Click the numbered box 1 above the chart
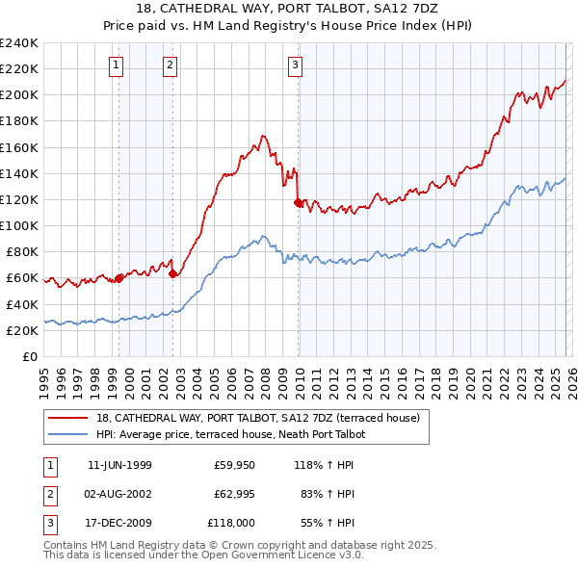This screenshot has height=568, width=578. tap(117, 65)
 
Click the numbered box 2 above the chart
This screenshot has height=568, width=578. tap(170, 65)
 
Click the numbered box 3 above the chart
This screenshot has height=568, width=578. tap(294, 65)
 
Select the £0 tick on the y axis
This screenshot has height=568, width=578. tap(29, 356)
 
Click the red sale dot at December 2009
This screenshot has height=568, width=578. tap(298, 202)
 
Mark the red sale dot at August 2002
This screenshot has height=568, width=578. tap(172, 274)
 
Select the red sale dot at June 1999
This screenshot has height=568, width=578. tap(119, 278)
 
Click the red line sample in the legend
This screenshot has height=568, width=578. tap(68, 419)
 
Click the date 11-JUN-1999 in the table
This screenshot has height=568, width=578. tap(119, 465)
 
